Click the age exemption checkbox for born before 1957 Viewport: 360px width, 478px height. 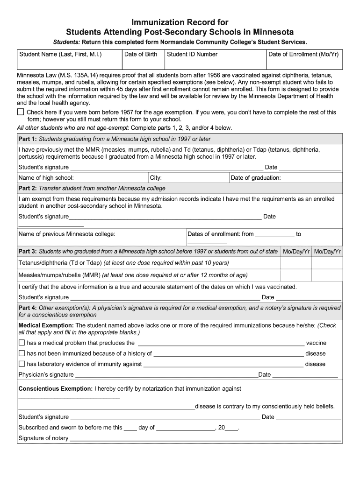pos(21,112)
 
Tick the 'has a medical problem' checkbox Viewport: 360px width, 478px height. pos(21,343)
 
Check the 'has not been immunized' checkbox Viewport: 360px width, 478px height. pos(21,353)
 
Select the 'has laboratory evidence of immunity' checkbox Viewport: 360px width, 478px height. pos(21,364)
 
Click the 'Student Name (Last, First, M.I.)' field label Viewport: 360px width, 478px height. pos(60,55)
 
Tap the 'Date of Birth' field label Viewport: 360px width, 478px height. pos(141,55)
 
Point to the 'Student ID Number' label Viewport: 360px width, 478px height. pos(192,55)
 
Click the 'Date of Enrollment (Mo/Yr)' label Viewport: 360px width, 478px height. pos(303,55)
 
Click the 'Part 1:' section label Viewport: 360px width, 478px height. pos(27,139)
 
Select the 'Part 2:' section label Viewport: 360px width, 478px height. pos(27,189)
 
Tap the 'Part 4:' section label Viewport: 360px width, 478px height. pos(27,308)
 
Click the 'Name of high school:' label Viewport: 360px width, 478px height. pos(46,178)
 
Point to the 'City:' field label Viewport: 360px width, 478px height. pos(156,178)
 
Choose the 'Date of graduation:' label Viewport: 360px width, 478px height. pos(256,178)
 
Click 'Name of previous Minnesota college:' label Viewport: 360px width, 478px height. pos(67,234)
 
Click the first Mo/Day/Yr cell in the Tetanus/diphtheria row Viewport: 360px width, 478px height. pos(296,263)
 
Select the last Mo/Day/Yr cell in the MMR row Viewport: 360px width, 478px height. pos(327,275)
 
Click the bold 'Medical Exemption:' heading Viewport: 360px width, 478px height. pos(46,325)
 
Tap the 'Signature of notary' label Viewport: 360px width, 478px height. pos(43,438)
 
